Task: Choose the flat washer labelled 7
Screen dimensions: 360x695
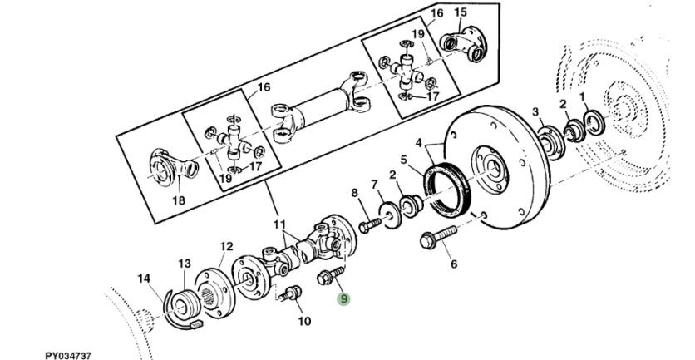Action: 388,211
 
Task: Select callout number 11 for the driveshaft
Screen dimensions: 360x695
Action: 279,224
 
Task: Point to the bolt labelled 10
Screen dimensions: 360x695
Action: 292,294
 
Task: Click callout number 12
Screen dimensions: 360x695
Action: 226,246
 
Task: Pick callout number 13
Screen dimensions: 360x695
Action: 185,264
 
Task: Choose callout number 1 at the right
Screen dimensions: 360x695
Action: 583,97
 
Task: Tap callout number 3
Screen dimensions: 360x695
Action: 536,112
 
